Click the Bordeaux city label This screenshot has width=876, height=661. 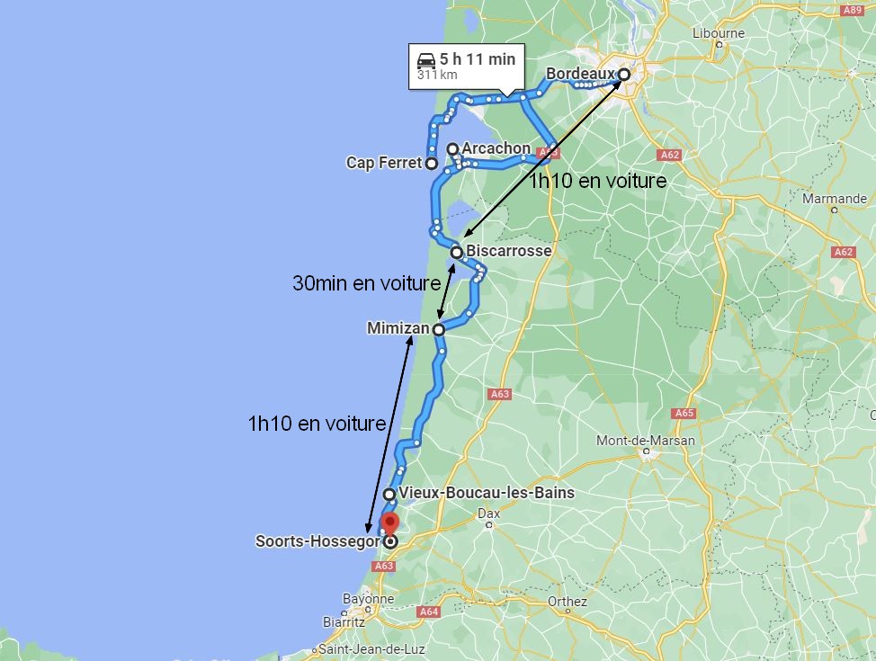(x=581, y=74)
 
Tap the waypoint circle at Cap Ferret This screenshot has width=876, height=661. (x=432, y=164)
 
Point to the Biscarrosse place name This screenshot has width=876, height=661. (x=508, y=251)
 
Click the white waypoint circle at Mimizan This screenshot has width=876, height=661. (x=439, y=330)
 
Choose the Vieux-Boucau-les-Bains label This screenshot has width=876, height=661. (x=486, y=493)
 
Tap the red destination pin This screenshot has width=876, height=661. (x=389, y=523)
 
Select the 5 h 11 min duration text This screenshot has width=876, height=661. (x=478, y=59)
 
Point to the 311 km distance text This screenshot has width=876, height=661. (x=437, y=75)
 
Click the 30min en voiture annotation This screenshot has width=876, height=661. (x=366, y=282)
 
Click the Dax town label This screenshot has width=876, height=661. (x=488, y=514)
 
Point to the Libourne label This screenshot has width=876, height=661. (x=719, y=33)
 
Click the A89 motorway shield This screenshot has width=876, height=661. (x=852, y=10)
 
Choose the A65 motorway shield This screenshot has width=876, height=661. (x=684, y=413)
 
